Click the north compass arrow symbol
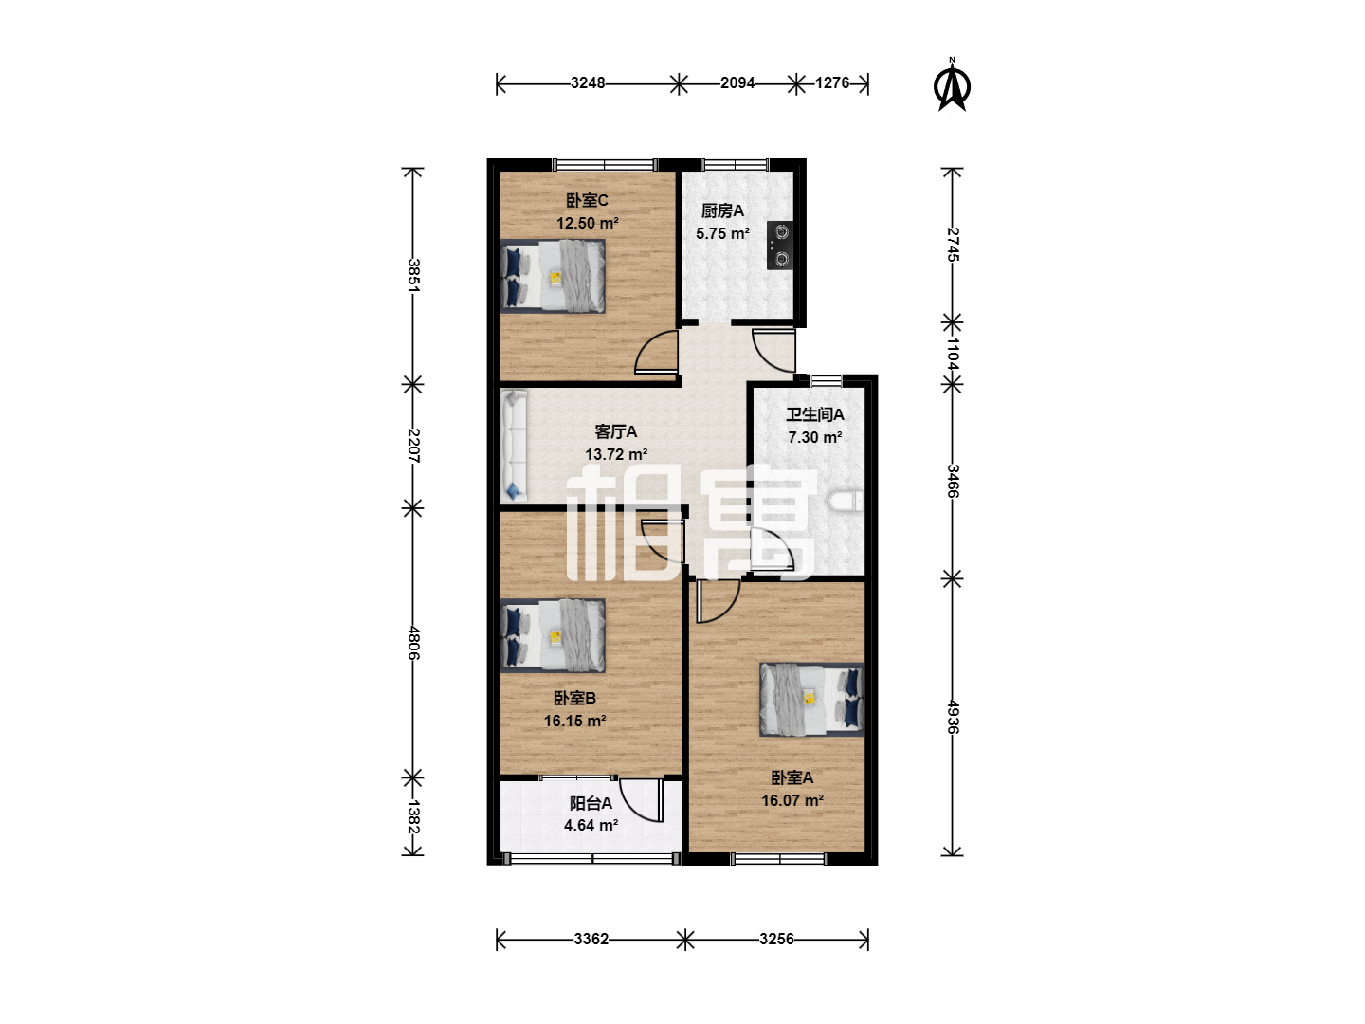pos(952,84)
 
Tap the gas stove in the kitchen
pos(779,245)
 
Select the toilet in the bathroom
pos(846,502)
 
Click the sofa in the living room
pos(514,446)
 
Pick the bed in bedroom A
pos(811,700)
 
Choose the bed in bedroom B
pos(553,635)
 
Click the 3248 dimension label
pos(588,82)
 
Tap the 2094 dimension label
pos(737,82)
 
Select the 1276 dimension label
pos(832,82)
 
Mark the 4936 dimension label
pos(953,717)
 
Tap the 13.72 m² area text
pos(615,454)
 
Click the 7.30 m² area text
pos(814,437)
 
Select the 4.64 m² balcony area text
pos(591,825)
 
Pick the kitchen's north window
pos(735,165)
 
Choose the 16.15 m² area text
pos(574,721)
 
